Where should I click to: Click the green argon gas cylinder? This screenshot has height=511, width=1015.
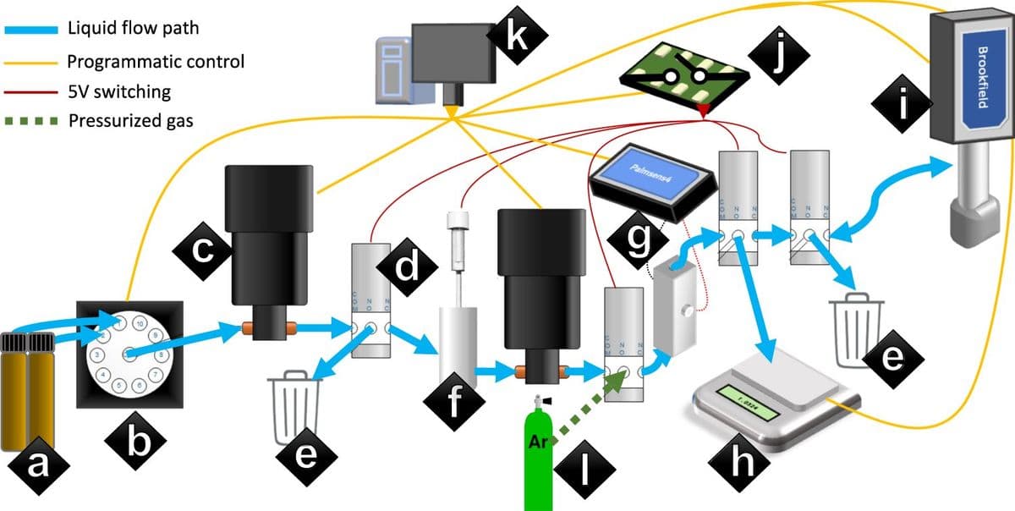pos(537,457)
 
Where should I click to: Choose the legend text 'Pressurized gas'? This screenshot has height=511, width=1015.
pos(130,119)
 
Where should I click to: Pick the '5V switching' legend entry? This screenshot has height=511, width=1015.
pos(118,91)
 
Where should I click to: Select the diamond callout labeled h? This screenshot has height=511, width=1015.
pos(742,460)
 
